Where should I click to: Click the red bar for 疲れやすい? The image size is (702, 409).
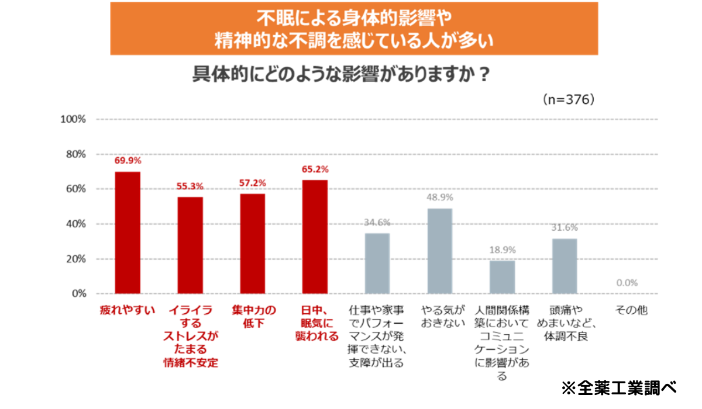pyautogui.click(x=128, y=233)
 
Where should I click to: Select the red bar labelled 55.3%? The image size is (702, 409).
pyautogui.click(x=190, y=245)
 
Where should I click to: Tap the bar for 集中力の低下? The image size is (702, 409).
pyautogui.click(x=253, y=243)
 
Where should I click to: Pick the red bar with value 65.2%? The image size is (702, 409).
pyautogui.click(x=315, y=236)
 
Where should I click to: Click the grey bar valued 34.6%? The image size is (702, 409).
pyautogui.click(x=377, y=263)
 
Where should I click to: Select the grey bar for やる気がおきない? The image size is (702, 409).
pyautogui.click(x=440, y=251)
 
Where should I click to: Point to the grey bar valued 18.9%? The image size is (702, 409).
pyautogui.click(x=502, y=277)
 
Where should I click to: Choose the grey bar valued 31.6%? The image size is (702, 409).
pyautogui.click(x=565, y=266)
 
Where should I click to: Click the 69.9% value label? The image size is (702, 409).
pyautogui.click(x=128, y=160)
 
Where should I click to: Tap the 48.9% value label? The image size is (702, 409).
pyautogui.click(x=440, y=197)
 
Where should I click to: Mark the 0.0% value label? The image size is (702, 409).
pyautogui.click(x=627, y=283)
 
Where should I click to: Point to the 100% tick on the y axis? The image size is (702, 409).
pyautogui.click(x=74, y=119)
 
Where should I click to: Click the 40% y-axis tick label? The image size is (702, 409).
pyautogui.click(x=75, y=224)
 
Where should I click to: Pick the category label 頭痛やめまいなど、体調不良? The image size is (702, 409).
pyautogui.click(x=565, y=323)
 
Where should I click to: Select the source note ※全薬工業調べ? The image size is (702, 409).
pyautogui.click(x=618, y=387)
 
